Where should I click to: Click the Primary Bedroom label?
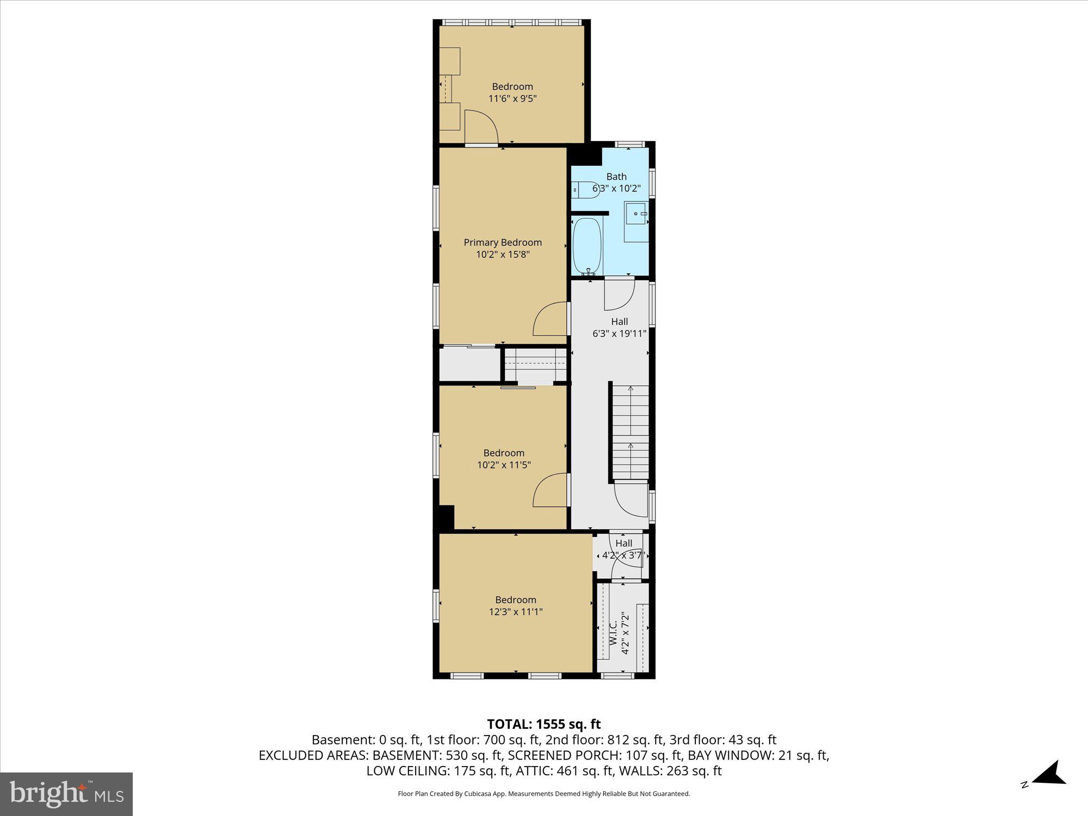(x=503, y=242)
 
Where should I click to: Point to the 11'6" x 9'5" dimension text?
(x=512, y=98)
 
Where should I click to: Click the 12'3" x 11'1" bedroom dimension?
(x=516, y=611)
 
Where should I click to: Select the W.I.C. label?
(x=613, y=634)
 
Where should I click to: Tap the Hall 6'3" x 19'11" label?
(x=619, y=327)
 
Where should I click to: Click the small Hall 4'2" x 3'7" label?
(x=623, y=549)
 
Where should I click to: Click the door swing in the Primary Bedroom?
(x=551, y=319)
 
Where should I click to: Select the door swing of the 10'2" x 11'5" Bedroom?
(x=551, y=490)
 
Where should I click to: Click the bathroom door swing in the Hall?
(x=620, y=294)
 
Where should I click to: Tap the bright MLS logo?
(x=66, y=794)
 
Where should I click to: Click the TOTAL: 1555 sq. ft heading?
(x=543, y=724)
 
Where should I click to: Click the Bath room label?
(x=616, y=176)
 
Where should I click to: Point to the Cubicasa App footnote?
(x=543, y=794)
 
